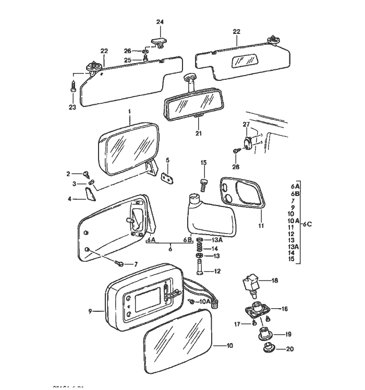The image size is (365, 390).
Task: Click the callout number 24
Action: (160, 22)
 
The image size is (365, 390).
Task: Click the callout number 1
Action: (129, 112)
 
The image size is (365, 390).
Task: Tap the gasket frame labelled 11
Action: (243, 196)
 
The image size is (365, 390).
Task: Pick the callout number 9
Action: (90, 311)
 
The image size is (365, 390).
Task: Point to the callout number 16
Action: (285, 309)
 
